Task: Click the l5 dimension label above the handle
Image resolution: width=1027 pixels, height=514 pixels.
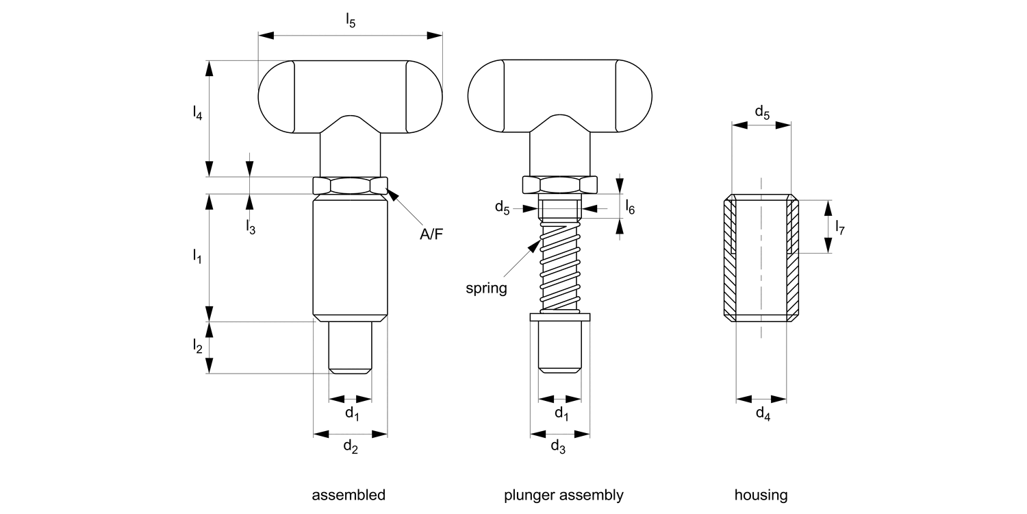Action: (x=350, y=21)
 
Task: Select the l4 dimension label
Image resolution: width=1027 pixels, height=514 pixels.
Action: (x=197, y=113)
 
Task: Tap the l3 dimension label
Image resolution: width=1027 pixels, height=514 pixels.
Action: (x=251, y=228)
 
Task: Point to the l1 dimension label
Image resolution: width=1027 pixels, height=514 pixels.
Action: (x=197, y=256)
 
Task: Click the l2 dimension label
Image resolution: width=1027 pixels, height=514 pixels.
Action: (x=197, y=347)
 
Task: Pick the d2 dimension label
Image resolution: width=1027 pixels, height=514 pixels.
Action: (x=350, y=448)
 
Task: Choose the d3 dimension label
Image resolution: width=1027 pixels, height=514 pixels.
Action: (x=559, y=448)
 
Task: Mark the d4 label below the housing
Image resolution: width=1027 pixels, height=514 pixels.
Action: (x=762, y=413)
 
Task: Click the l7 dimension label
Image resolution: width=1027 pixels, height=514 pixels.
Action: (x=840, y=228)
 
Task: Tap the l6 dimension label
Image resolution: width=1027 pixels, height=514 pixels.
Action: (x=630, y=208)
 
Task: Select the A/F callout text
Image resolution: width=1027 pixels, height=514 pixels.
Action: (x=431, y=234)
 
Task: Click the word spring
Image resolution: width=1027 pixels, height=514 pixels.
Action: (x=486, y=288)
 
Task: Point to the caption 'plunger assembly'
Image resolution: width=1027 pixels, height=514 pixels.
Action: (x=563, y=495)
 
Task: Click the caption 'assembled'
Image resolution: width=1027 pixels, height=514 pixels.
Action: (x=348, y=495)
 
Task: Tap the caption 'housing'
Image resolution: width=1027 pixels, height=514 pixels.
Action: (x=761, y=495)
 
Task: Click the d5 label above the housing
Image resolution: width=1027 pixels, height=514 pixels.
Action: (x=762, y=112)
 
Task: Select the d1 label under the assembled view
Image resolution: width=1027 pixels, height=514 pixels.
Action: (x=351, y=413)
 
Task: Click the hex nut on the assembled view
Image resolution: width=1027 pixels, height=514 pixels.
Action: (x=350, y=185)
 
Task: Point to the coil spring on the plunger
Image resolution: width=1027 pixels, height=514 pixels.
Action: (x=559, y=267)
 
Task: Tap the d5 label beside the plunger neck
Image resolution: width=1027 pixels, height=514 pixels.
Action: (x=503, y=208)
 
